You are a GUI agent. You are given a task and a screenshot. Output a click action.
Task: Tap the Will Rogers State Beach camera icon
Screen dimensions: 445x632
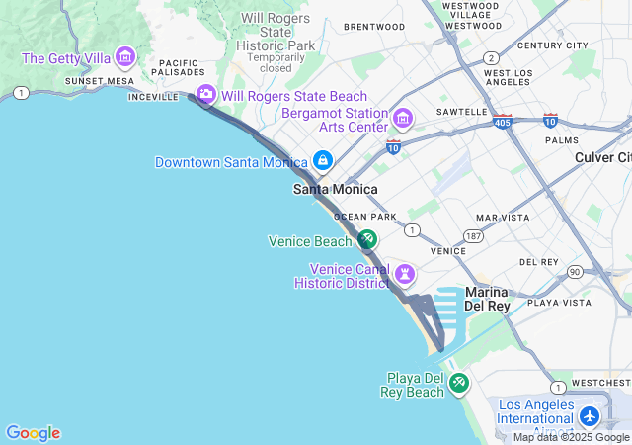click(206, 95)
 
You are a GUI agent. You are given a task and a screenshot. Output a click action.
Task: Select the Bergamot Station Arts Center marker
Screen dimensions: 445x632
click(402, 120)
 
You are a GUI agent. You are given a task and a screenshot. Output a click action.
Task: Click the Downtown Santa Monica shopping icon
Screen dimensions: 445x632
click(322, 161)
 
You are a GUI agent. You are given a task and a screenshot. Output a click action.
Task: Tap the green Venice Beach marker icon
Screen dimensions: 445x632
click(366, 239)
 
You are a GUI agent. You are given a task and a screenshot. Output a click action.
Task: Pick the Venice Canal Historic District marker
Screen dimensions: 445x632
click(404, 274)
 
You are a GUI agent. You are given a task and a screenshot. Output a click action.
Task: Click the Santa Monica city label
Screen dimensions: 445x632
click(335, 189)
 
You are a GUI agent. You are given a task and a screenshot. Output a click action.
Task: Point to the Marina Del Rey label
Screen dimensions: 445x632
click(486, 299)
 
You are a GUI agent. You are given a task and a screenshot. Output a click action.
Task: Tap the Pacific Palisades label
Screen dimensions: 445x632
click(179, 66)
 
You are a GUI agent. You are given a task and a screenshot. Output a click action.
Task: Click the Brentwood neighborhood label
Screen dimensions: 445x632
click(375, 27)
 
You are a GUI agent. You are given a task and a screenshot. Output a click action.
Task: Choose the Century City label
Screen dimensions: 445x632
click(552, 45)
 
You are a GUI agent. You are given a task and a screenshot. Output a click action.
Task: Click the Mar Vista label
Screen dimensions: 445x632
click(502, 217)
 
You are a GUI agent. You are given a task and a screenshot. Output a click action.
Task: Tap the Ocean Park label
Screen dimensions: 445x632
click(365, 216)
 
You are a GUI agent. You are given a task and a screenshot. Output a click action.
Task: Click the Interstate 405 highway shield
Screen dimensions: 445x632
click(502, 123)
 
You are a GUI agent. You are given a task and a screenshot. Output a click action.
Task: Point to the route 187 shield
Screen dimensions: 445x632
click(474, 237)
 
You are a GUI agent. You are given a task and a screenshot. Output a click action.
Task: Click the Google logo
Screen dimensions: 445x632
click(33, 433)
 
